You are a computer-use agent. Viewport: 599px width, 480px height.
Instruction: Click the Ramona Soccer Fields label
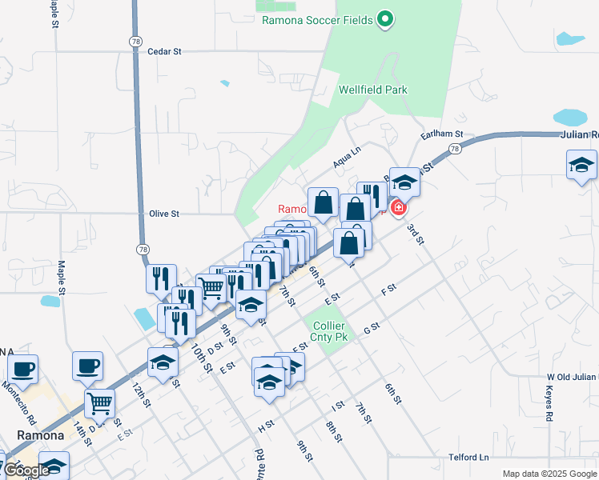(318, 20)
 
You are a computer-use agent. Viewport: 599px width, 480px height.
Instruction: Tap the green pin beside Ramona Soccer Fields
(385, 18)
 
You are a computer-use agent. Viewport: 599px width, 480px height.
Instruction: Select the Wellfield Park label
(372, 90)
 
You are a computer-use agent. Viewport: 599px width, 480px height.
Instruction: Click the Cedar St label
(165, 51)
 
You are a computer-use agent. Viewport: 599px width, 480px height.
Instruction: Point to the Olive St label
(164, 214)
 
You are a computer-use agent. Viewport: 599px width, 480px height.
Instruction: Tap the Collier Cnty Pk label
(328, 332)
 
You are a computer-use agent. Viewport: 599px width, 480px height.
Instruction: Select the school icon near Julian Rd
(581, 166)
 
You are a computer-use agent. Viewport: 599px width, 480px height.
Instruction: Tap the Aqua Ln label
(347, 158)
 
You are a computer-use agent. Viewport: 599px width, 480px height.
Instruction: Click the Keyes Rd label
(549, 405)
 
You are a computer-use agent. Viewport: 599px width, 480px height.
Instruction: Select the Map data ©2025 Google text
(549, 474)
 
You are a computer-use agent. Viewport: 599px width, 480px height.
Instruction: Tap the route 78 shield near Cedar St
(134, 40)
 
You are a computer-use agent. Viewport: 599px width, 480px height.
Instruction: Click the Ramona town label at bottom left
(40, 435)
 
